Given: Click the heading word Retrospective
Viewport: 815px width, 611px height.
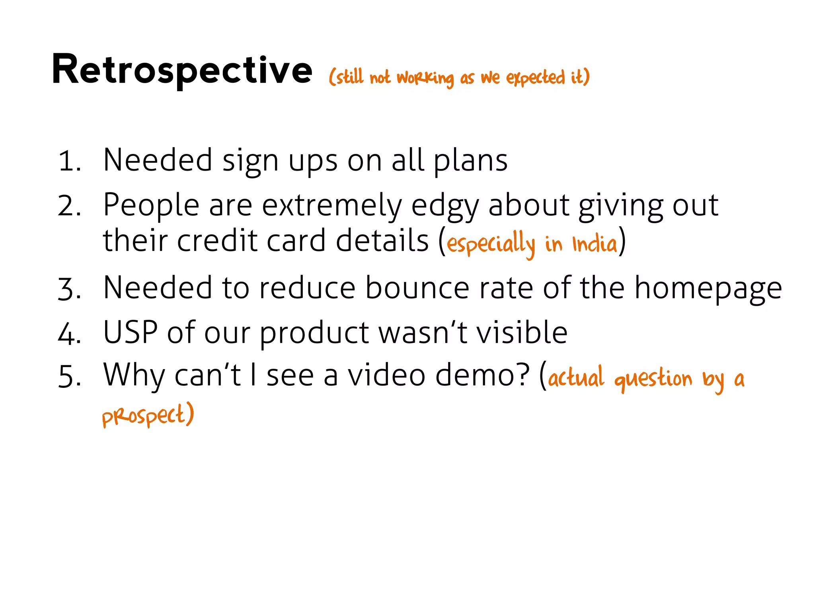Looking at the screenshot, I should coord(182,70).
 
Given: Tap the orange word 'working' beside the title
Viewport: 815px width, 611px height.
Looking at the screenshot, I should coord(425,78).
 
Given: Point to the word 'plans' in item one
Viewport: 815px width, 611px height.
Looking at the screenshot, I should coord(470,161).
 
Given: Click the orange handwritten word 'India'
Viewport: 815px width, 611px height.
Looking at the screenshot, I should coord(595,244).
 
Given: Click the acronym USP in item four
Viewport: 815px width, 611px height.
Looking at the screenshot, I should coord(130,333).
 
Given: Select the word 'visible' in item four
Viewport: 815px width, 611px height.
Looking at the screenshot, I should coord(522,333).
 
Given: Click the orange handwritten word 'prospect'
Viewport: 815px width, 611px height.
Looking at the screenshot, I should coord(144,416).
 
